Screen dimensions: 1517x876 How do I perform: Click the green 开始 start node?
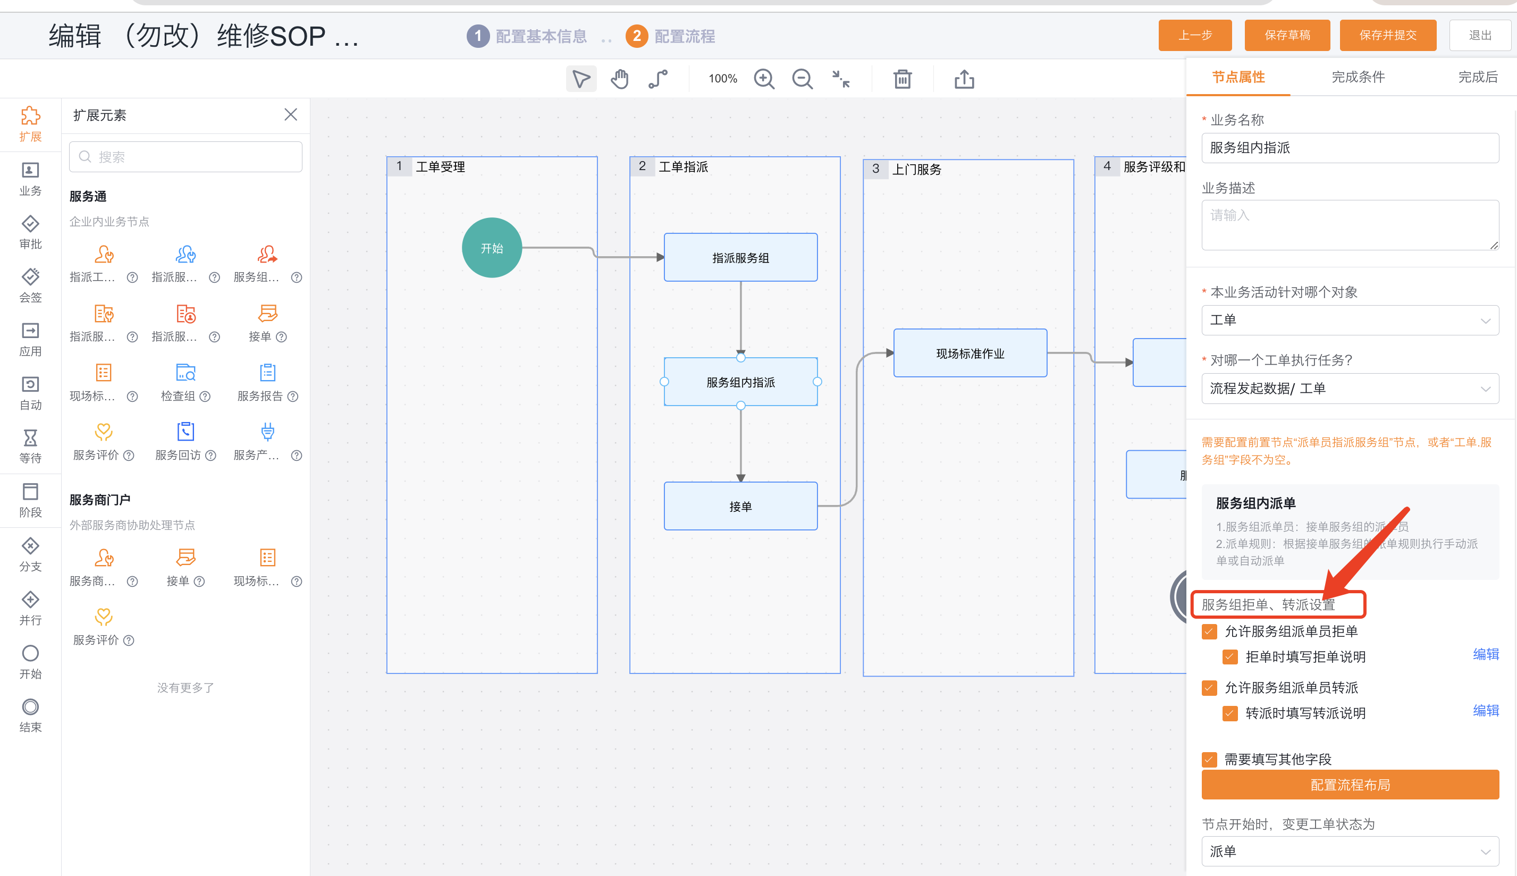pos(492,247)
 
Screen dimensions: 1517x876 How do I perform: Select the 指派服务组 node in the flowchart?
pos(740,257)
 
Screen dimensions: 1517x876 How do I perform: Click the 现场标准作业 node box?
pos(970,353)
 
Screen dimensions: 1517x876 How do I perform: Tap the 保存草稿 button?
pos(1287,36)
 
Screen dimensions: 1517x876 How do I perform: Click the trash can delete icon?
pos(902,79)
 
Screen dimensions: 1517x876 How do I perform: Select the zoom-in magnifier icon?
pos(764,79)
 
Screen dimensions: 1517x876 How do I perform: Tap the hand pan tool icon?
pos(620,79)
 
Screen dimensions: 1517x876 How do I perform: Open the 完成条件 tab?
pos(1358,77)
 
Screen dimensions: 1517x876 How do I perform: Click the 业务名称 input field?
pos(1350,148)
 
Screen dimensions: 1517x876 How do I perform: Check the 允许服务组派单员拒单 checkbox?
pos(1209,631)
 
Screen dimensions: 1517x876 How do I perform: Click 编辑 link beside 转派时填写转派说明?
pos(1485,711)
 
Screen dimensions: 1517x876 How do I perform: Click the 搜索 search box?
pos(186,157)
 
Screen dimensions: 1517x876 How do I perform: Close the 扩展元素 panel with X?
pos(291,114)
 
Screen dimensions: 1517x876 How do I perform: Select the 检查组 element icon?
pos(186,373)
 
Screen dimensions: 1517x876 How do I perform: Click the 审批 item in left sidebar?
pos(30,232)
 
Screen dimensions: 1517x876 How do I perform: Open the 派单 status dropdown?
pos(1350,852)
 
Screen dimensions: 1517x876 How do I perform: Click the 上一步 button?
pos(1194,36)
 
